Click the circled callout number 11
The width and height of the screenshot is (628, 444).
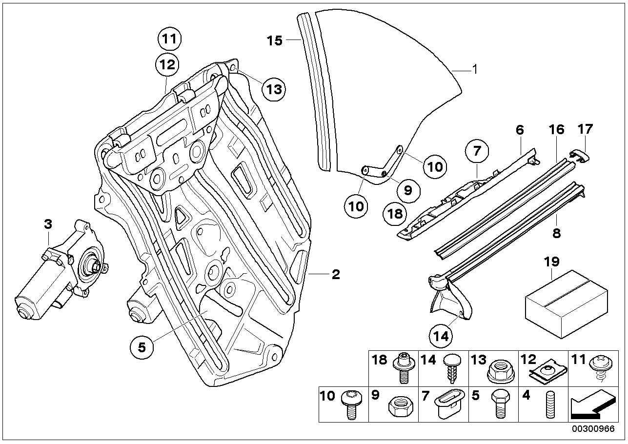(x=169, y=39)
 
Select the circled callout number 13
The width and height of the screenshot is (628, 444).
(x=274, y=89)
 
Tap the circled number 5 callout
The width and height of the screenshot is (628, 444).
(x=142, y=347)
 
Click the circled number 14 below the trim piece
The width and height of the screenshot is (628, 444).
(x=441, y=336)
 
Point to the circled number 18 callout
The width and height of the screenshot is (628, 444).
(x=395, y=214)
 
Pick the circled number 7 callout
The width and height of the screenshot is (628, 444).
(x=477, y=151)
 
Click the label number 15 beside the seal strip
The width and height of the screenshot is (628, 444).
(x=274, y=40)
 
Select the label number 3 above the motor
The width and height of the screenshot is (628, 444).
(x=48, y=224)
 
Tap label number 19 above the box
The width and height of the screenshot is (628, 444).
(x=551, y=262)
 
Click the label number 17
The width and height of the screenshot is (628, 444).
(x=585, y=129)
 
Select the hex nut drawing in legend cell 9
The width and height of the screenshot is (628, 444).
(x=401, y=407)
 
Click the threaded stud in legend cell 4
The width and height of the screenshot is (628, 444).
(x=550, y=405)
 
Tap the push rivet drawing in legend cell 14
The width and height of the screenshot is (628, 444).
(x=452, y=368)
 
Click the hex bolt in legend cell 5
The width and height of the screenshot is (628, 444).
(x=501, y=404)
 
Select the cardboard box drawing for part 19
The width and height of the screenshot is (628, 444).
(x=567, y=304)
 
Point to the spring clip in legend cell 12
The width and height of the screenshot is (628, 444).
(x=548, y=374)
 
